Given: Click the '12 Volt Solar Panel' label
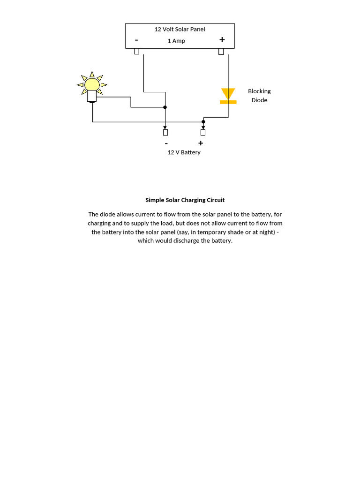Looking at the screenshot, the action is (x=180, y=29).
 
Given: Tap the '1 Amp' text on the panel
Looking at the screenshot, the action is (x=176, y=41).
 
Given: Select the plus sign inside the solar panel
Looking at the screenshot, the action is (x=222, y=40).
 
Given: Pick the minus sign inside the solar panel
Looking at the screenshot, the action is (x=136, y=40).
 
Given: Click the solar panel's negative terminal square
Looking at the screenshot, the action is (x=137, y=51).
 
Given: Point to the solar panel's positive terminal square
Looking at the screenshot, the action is (x=221, y=51).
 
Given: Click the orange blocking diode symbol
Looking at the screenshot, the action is (x=228, y=95).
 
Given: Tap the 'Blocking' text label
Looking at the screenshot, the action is (x=259, y=91).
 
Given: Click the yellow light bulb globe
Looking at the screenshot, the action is (x=92, y=84).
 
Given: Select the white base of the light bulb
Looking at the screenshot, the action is (x=92, y=97).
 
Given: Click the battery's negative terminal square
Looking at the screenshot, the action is (x=165, y=132).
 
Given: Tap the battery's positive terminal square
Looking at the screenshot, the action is (x=203, y=132).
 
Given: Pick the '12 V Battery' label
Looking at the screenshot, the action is (x=184, y=152).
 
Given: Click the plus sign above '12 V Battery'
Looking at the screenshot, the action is (x=201, y=143).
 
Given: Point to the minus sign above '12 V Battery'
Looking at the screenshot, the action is (x=166, y=143).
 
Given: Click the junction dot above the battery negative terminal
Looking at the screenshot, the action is (x=165, y=107).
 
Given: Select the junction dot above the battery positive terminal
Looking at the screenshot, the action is (x=203, y=122).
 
